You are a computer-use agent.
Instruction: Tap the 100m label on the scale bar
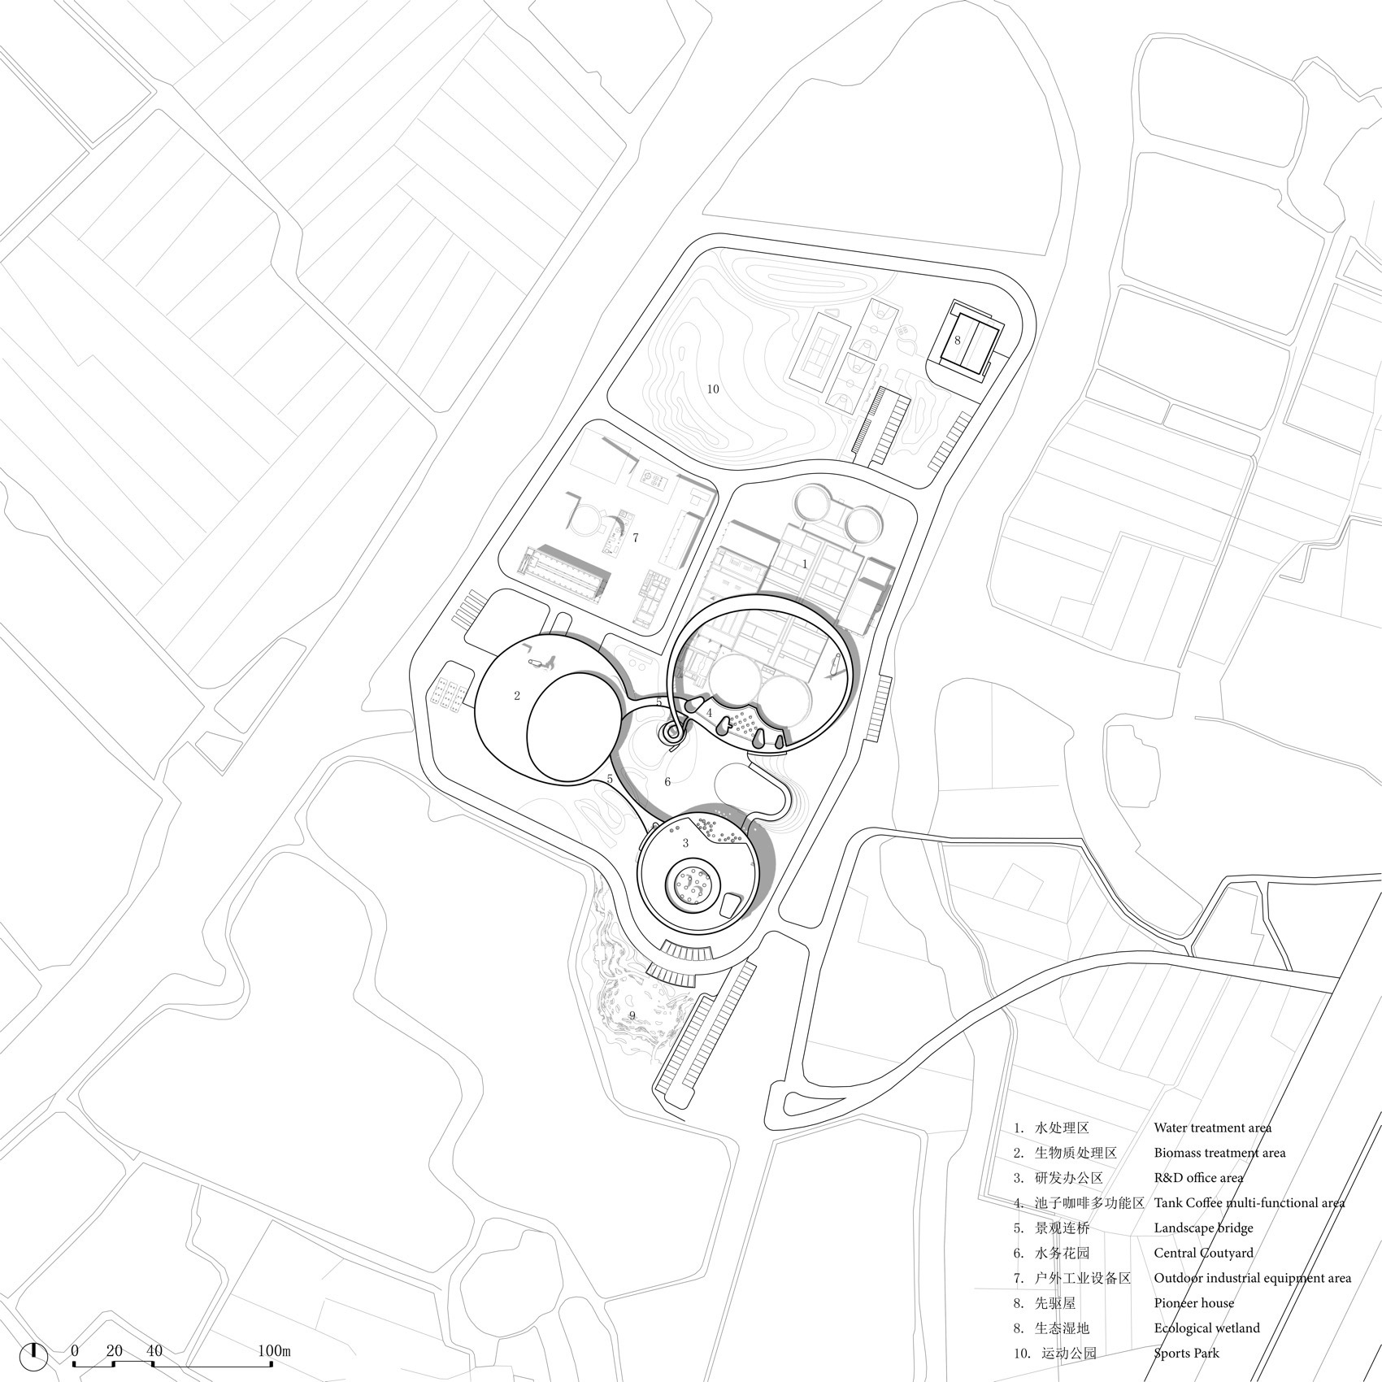point(274,1351)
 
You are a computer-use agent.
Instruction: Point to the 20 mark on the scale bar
point(114,1351)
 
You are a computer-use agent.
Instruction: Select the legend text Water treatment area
point(1212,1128)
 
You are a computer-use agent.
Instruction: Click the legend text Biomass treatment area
point(1219,1153)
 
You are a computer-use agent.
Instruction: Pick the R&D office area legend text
point(1198,1177)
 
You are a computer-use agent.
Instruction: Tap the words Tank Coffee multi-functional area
point(1249,1202)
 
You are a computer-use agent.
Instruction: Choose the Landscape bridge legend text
point(1203,1228)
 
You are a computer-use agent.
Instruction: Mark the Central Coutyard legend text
point(1203,1253)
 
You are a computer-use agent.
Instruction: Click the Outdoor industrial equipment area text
point(1252,1278)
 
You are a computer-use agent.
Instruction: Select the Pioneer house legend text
point(1193,1303)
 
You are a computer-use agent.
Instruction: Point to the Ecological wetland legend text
point(1206,1328)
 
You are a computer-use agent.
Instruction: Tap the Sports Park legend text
point(1186,1354)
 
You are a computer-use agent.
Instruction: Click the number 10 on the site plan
point(712,389)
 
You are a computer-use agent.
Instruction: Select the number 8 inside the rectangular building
point(958,341)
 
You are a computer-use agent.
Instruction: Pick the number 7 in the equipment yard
point(635,537)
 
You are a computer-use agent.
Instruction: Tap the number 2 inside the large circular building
point(516,696)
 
